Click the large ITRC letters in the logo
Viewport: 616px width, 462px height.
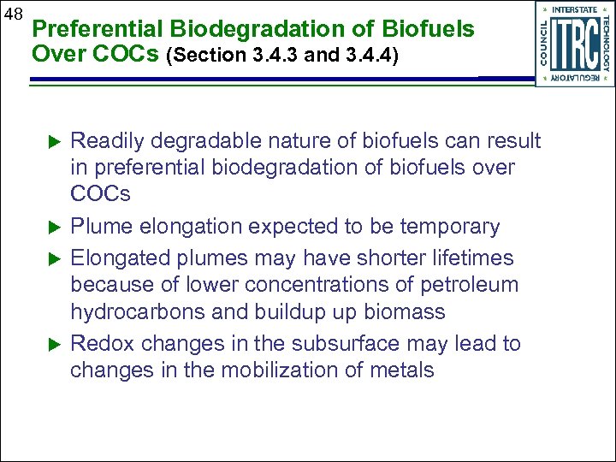coord(574,44)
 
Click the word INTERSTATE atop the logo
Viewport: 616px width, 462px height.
coord(574,10)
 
